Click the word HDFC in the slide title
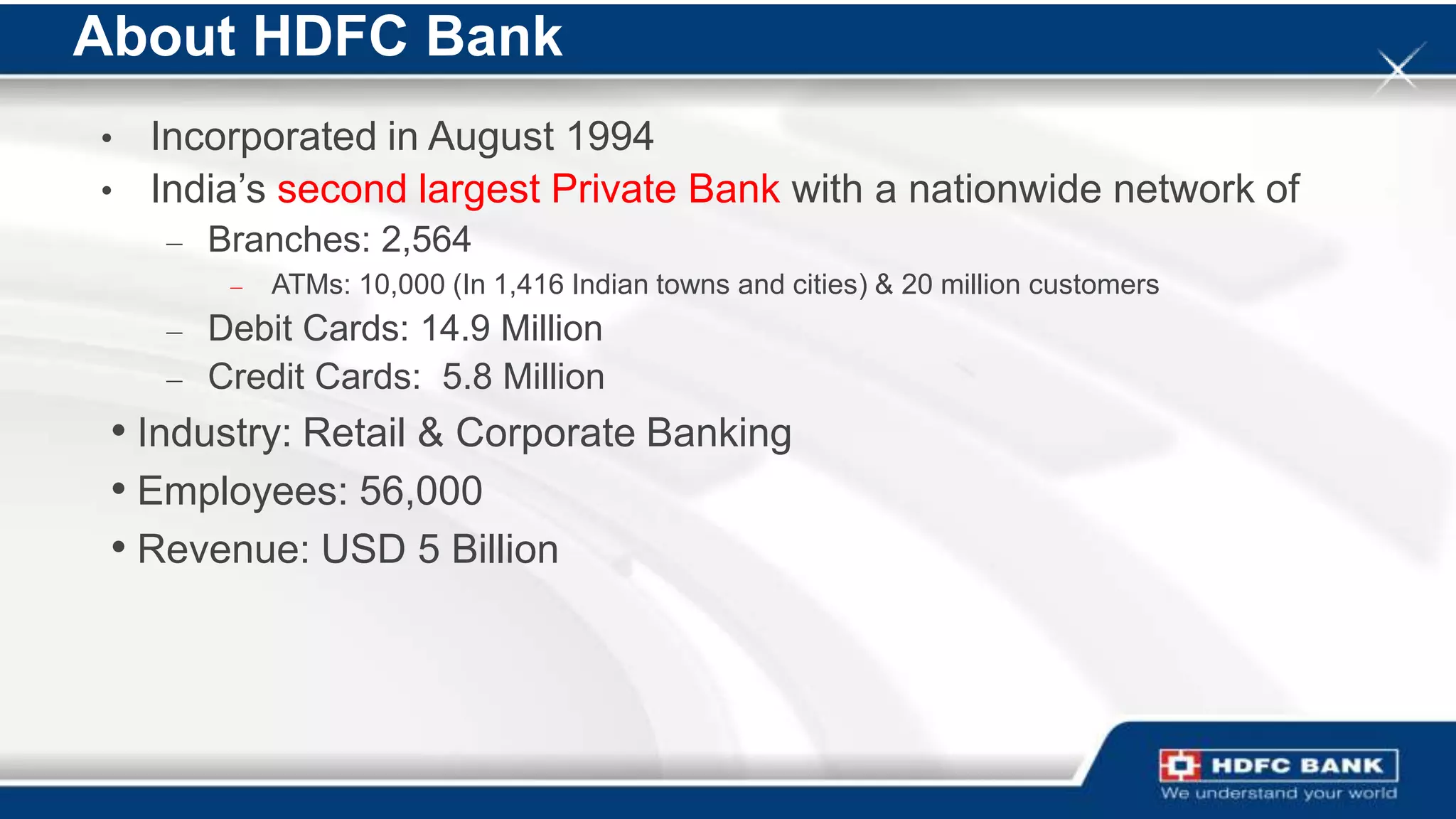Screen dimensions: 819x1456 tap(330, 37)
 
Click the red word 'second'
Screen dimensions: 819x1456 tap(341, 189)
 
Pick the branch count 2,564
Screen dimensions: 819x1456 tap(426, 240)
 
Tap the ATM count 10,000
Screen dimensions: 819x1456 tap(402, 285)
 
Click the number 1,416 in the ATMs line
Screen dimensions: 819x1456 tap(528, 285)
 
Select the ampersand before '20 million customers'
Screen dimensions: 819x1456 tap(884, 285)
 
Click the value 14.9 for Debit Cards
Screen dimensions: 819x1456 tap(455, 329)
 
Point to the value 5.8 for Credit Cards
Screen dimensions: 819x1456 tap(466, 377)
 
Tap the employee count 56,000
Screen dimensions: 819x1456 tap(420, 491)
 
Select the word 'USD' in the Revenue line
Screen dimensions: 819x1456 tap(363, 550)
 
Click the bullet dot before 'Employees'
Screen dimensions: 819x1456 tap(119, 489)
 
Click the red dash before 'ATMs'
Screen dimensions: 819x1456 tap(237, 287)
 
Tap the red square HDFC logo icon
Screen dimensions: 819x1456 tap(1180, 766)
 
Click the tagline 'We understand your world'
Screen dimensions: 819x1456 tap(1278, 793)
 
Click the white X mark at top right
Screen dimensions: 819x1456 tap(1398, 69)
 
